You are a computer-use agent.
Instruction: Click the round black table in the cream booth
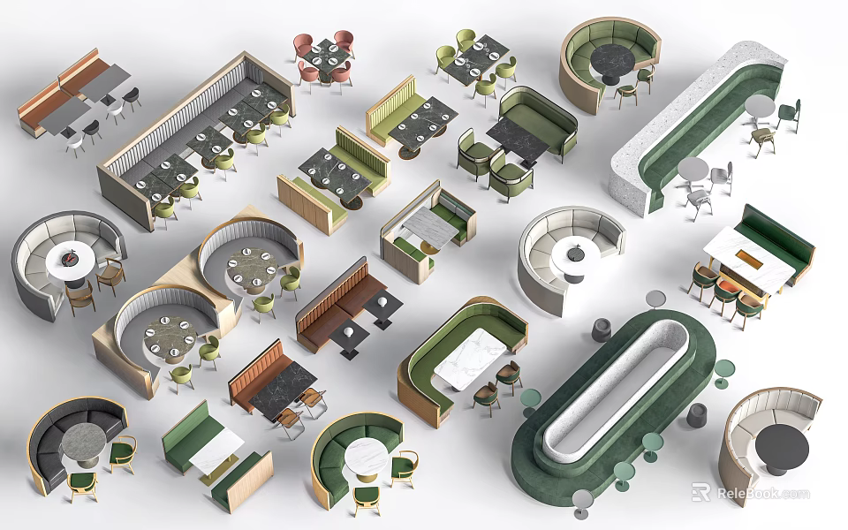pyautogui.click(x=782, y=450)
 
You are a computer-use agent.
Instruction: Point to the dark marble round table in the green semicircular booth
pyautogui.click(x=612, y=62)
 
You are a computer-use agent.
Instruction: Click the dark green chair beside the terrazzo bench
pyautogui.click(x=789, y=115)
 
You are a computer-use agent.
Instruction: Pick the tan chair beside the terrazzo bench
pyautogui.click(x=762, y=140)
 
